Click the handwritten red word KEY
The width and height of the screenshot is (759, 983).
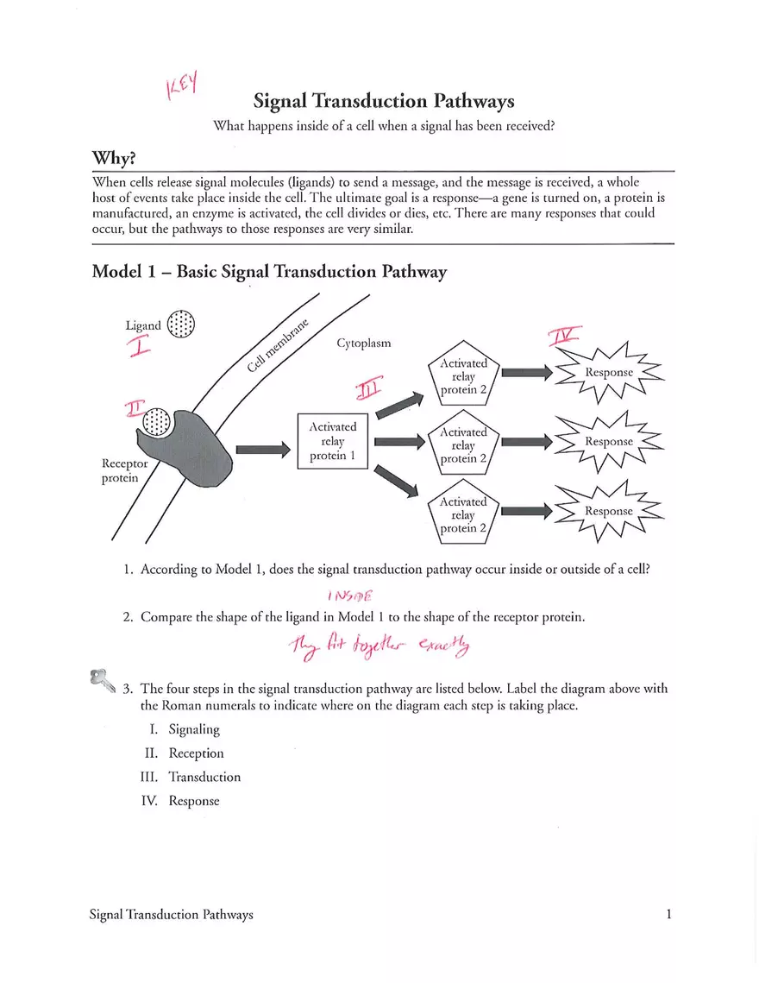tap(182, 86)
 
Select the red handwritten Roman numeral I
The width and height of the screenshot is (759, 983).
tap(138, 347)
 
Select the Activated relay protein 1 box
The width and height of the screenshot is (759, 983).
tap(332, 441)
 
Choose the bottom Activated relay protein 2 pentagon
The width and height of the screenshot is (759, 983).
tap(463, 514)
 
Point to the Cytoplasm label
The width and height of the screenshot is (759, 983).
tap(363, 343)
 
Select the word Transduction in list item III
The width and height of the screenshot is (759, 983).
tap(204, 777)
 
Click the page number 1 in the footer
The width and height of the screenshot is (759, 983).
tap(668, 914)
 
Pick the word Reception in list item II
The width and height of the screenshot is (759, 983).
tap(196, 753)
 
